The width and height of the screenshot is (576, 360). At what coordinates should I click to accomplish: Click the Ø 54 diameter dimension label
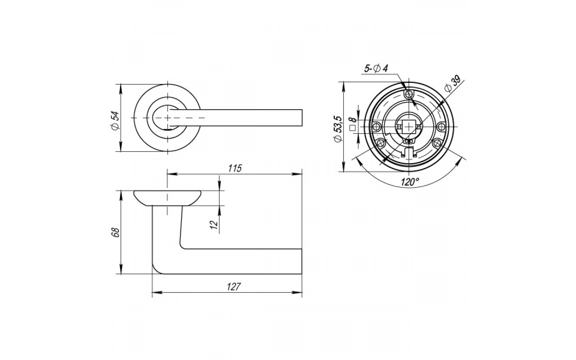point(116,121)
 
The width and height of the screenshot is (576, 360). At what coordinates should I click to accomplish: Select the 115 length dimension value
point(235,168)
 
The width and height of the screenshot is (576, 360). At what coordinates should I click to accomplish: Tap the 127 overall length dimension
point(234,287)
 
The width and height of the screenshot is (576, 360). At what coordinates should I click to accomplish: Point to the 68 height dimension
point(116,233)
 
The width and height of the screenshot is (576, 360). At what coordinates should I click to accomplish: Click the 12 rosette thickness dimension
point(214,224)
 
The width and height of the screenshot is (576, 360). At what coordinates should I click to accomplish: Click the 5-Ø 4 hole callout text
point(376,69)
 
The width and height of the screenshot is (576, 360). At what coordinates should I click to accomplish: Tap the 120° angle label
point(410,182)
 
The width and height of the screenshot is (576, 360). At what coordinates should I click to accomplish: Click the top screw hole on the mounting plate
point(409,94)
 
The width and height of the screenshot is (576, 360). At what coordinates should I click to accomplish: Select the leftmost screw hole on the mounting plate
point(377,126)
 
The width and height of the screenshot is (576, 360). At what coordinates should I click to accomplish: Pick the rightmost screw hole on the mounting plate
point(441,126)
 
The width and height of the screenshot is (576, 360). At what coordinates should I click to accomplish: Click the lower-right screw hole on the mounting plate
point(437,143)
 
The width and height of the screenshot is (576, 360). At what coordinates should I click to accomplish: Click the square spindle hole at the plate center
point(409,127)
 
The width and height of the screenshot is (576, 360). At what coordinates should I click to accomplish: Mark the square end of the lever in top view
point(302,118)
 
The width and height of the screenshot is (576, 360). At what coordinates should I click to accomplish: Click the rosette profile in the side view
point(167,198)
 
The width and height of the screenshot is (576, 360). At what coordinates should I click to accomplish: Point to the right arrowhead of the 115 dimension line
point(297,174)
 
